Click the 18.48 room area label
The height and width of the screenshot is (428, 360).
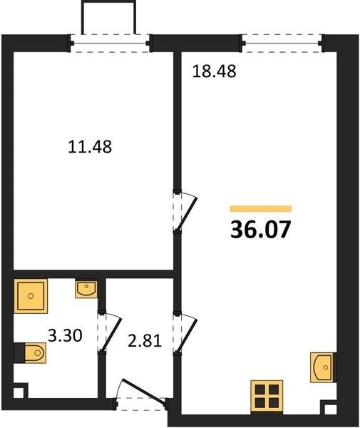214,71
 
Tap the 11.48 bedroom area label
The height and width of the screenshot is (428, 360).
90,146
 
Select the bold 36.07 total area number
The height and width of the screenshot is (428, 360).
260,230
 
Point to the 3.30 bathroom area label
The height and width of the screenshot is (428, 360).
65,335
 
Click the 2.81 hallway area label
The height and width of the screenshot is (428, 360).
145,341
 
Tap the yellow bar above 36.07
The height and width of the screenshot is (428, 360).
261,209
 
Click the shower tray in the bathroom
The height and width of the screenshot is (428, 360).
31,296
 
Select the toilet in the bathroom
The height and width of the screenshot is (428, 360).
30,353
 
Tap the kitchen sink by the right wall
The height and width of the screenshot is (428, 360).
323,367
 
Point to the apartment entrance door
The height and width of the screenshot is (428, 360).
143,393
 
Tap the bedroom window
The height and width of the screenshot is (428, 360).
110,43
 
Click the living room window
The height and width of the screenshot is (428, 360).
282,43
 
